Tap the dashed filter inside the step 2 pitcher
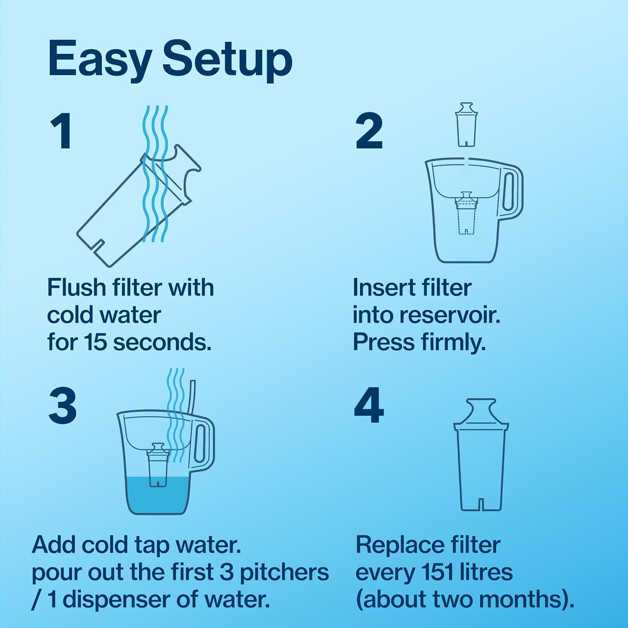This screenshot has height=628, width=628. pyautogui.click(x=466, y=214)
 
